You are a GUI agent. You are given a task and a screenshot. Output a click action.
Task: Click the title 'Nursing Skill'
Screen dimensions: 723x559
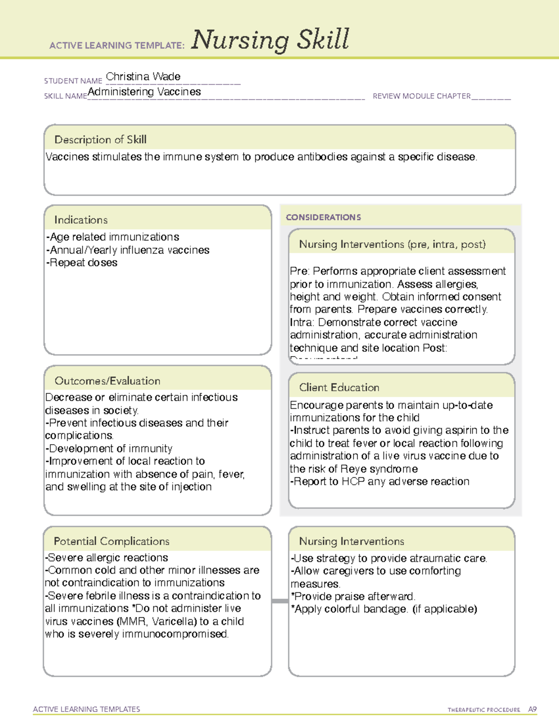(x=270, y=40)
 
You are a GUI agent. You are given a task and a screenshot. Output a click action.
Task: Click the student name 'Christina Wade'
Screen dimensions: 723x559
(x=143, y=76)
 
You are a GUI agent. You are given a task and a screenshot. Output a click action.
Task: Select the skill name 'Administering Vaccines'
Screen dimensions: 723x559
(x=144, y=92)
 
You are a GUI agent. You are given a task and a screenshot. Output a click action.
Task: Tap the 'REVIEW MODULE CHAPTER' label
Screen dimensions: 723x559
(x=422, y=96)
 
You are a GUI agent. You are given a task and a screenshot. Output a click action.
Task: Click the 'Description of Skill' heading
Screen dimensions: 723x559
(x=100, y=140)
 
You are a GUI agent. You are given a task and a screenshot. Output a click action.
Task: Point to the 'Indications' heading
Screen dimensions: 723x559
(x=81, y=220)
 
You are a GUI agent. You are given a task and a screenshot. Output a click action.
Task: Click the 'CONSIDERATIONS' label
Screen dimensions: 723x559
(x=323, y=217)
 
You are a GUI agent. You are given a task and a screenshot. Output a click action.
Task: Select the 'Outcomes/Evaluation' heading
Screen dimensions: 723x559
(x=107, y=381)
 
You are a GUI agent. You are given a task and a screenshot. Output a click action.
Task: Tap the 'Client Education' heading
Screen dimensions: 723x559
(x=339, y=387)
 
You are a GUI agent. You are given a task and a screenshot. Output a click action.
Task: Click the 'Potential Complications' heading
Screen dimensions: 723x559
(x=111, y=541)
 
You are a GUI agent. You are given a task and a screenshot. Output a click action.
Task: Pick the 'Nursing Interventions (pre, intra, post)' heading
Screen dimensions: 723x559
(x=392, y=244)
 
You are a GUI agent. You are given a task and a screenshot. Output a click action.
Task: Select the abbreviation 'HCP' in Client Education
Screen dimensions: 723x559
(x=353, y=481)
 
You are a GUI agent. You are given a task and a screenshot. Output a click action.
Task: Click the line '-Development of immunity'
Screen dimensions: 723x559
(x=109, y=448)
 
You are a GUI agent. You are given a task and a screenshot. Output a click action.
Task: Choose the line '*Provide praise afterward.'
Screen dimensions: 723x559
(x=353, y=596)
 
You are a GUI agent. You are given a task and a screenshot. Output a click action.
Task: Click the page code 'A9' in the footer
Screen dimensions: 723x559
(x=532, y=709)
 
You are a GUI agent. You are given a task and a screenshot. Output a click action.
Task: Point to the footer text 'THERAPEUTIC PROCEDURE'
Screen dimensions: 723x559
(x=484, y=710)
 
